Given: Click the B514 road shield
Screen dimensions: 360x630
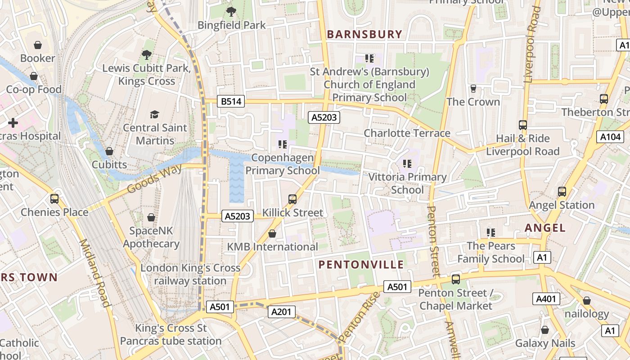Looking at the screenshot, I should (x=231, y=102).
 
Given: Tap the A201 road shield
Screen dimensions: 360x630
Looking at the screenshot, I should (x=282, y=311).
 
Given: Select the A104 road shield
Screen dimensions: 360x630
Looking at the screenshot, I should (x=610, y=137).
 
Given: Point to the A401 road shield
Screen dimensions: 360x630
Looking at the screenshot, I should (x=546, y=298).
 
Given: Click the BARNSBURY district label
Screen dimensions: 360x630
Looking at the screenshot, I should (x=364, y=34).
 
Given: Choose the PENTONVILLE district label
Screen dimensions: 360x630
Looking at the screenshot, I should (x=361, y=265).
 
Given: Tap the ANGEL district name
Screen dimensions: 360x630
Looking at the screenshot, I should (x=545, y=228).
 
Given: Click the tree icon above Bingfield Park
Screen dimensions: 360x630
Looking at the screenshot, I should (x=231, y=12).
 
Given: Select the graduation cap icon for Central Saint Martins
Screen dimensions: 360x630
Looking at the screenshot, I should (x=155, y=114).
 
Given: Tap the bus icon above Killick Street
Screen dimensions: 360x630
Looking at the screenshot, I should (x=292, y=199).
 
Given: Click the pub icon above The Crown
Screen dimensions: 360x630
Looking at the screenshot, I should (x=473, y=88).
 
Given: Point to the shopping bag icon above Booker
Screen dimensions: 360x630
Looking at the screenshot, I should (x=38, y=45).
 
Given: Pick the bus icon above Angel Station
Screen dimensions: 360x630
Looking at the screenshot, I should (x=562, y=192).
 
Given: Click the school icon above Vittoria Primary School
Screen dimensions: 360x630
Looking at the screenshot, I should (x=407, y=164).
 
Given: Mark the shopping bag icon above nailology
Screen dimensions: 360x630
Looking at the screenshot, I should (x=586, y=300).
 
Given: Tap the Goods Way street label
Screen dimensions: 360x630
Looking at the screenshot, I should (x=154, y=179).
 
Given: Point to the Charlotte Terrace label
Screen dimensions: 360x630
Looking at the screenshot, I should (x=407, y=133).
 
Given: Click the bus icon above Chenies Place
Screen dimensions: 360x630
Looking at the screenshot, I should (x=54, y=198).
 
